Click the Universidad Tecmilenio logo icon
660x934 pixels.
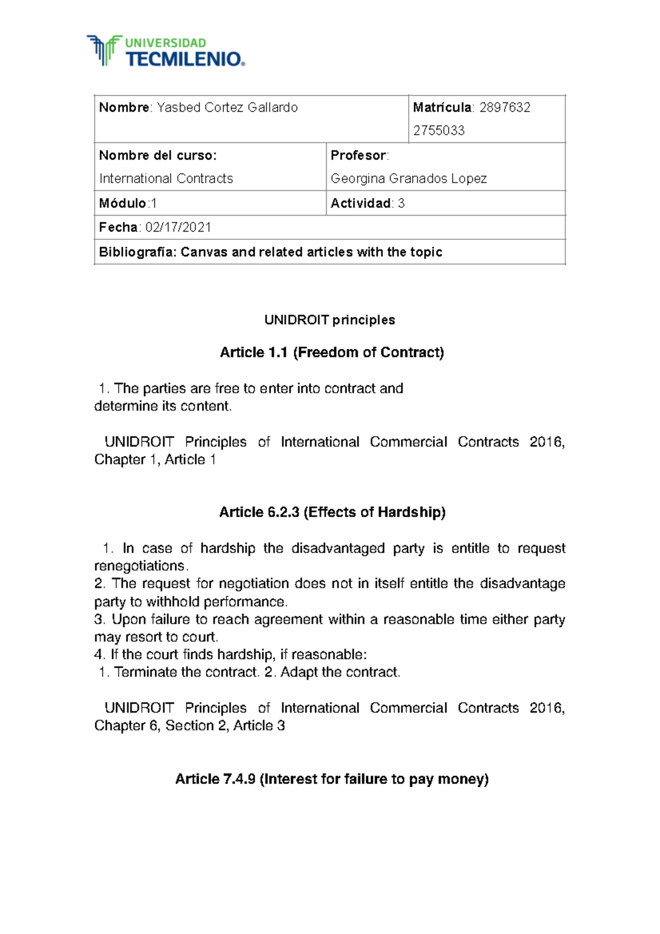click(x=104, y=51)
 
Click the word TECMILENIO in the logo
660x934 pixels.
click(x=184, y=59)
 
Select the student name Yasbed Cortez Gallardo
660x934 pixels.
click(x=227, y=108)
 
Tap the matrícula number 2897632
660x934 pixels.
click(x=504, y=108)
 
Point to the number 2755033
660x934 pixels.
click(x=438, y=131)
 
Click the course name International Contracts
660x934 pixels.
click(x=166, y=179)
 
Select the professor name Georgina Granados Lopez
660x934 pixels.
click(x=408, y=179)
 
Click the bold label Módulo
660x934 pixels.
click(x=122, y=204)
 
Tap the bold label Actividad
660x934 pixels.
click(x=360, y=204)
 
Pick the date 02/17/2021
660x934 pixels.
click(x=178, y=228)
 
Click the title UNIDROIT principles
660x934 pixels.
click(x=329, y=320)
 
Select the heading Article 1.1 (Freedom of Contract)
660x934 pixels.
click(x=332, y=353)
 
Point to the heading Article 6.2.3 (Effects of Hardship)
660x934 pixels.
click(x=332, y=513)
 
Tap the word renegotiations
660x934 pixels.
click(x=140, y=566)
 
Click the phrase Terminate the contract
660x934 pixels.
click(x=186, y=672)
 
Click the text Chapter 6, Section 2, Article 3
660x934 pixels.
click(x=189, y=726)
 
